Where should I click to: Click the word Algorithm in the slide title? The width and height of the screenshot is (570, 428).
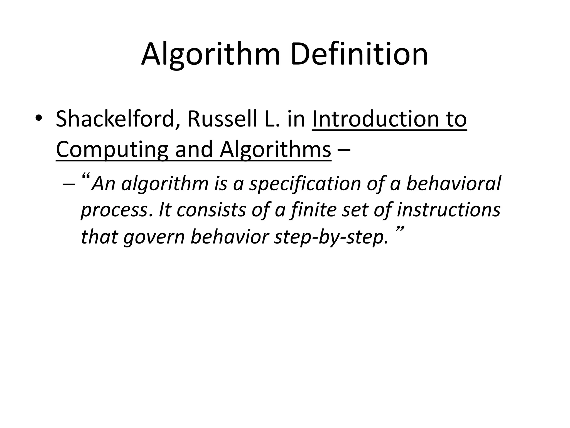[x=210, y=55]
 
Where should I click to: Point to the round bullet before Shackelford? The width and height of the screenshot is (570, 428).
[x=38, y=118]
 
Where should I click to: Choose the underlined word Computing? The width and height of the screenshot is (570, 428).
[x=112, y=150]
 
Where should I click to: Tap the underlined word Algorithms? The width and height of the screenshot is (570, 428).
[x=275, y=149]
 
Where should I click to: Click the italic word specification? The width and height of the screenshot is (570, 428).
[x=305, y=184]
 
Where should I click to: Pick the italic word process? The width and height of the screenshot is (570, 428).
[x=114, y=211]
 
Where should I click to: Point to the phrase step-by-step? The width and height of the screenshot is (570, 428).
[x=331, y=237]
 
